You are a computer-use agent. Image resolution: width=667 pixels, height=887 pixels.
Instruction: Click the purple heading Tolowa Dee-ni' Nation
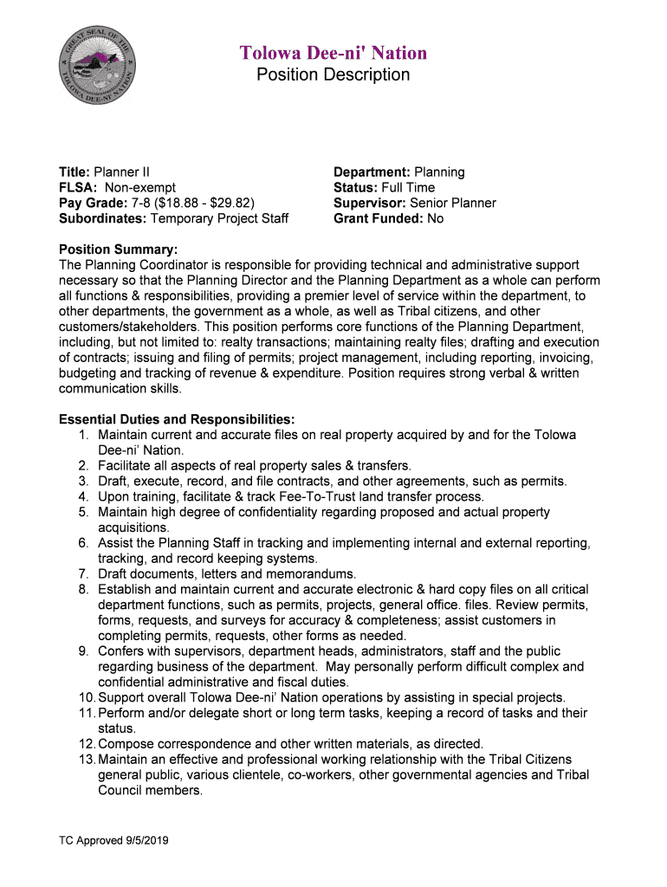[333, 54]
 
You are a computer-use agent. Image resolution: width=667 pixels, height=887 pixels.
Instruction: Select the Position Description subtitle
[333, 75]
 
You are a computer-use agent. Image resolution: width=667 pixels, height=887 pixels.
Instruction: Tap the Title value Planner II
[122, 172]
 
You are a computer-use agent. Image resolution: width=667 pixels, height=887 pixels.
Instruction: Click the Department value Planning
[438, 172]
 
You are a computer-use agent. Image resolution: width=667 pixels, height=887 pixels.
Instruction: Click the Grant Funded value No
[435, 218]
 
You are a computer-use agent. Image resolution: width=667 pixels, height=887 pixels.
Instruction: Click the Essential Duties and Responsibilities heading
[177, 419]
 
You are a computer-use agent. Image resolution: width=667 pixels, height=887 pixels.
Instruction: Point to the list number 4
[83, 496]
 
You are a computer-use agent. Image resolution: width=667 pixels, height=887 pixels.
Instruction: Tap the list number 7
[83, 573]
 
